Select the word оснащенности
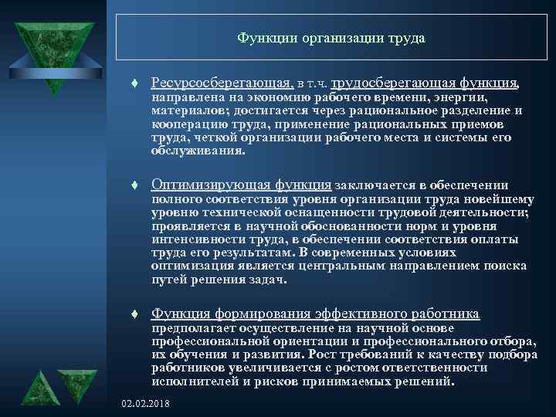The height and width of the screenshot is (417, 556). [x=347, y=212]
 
